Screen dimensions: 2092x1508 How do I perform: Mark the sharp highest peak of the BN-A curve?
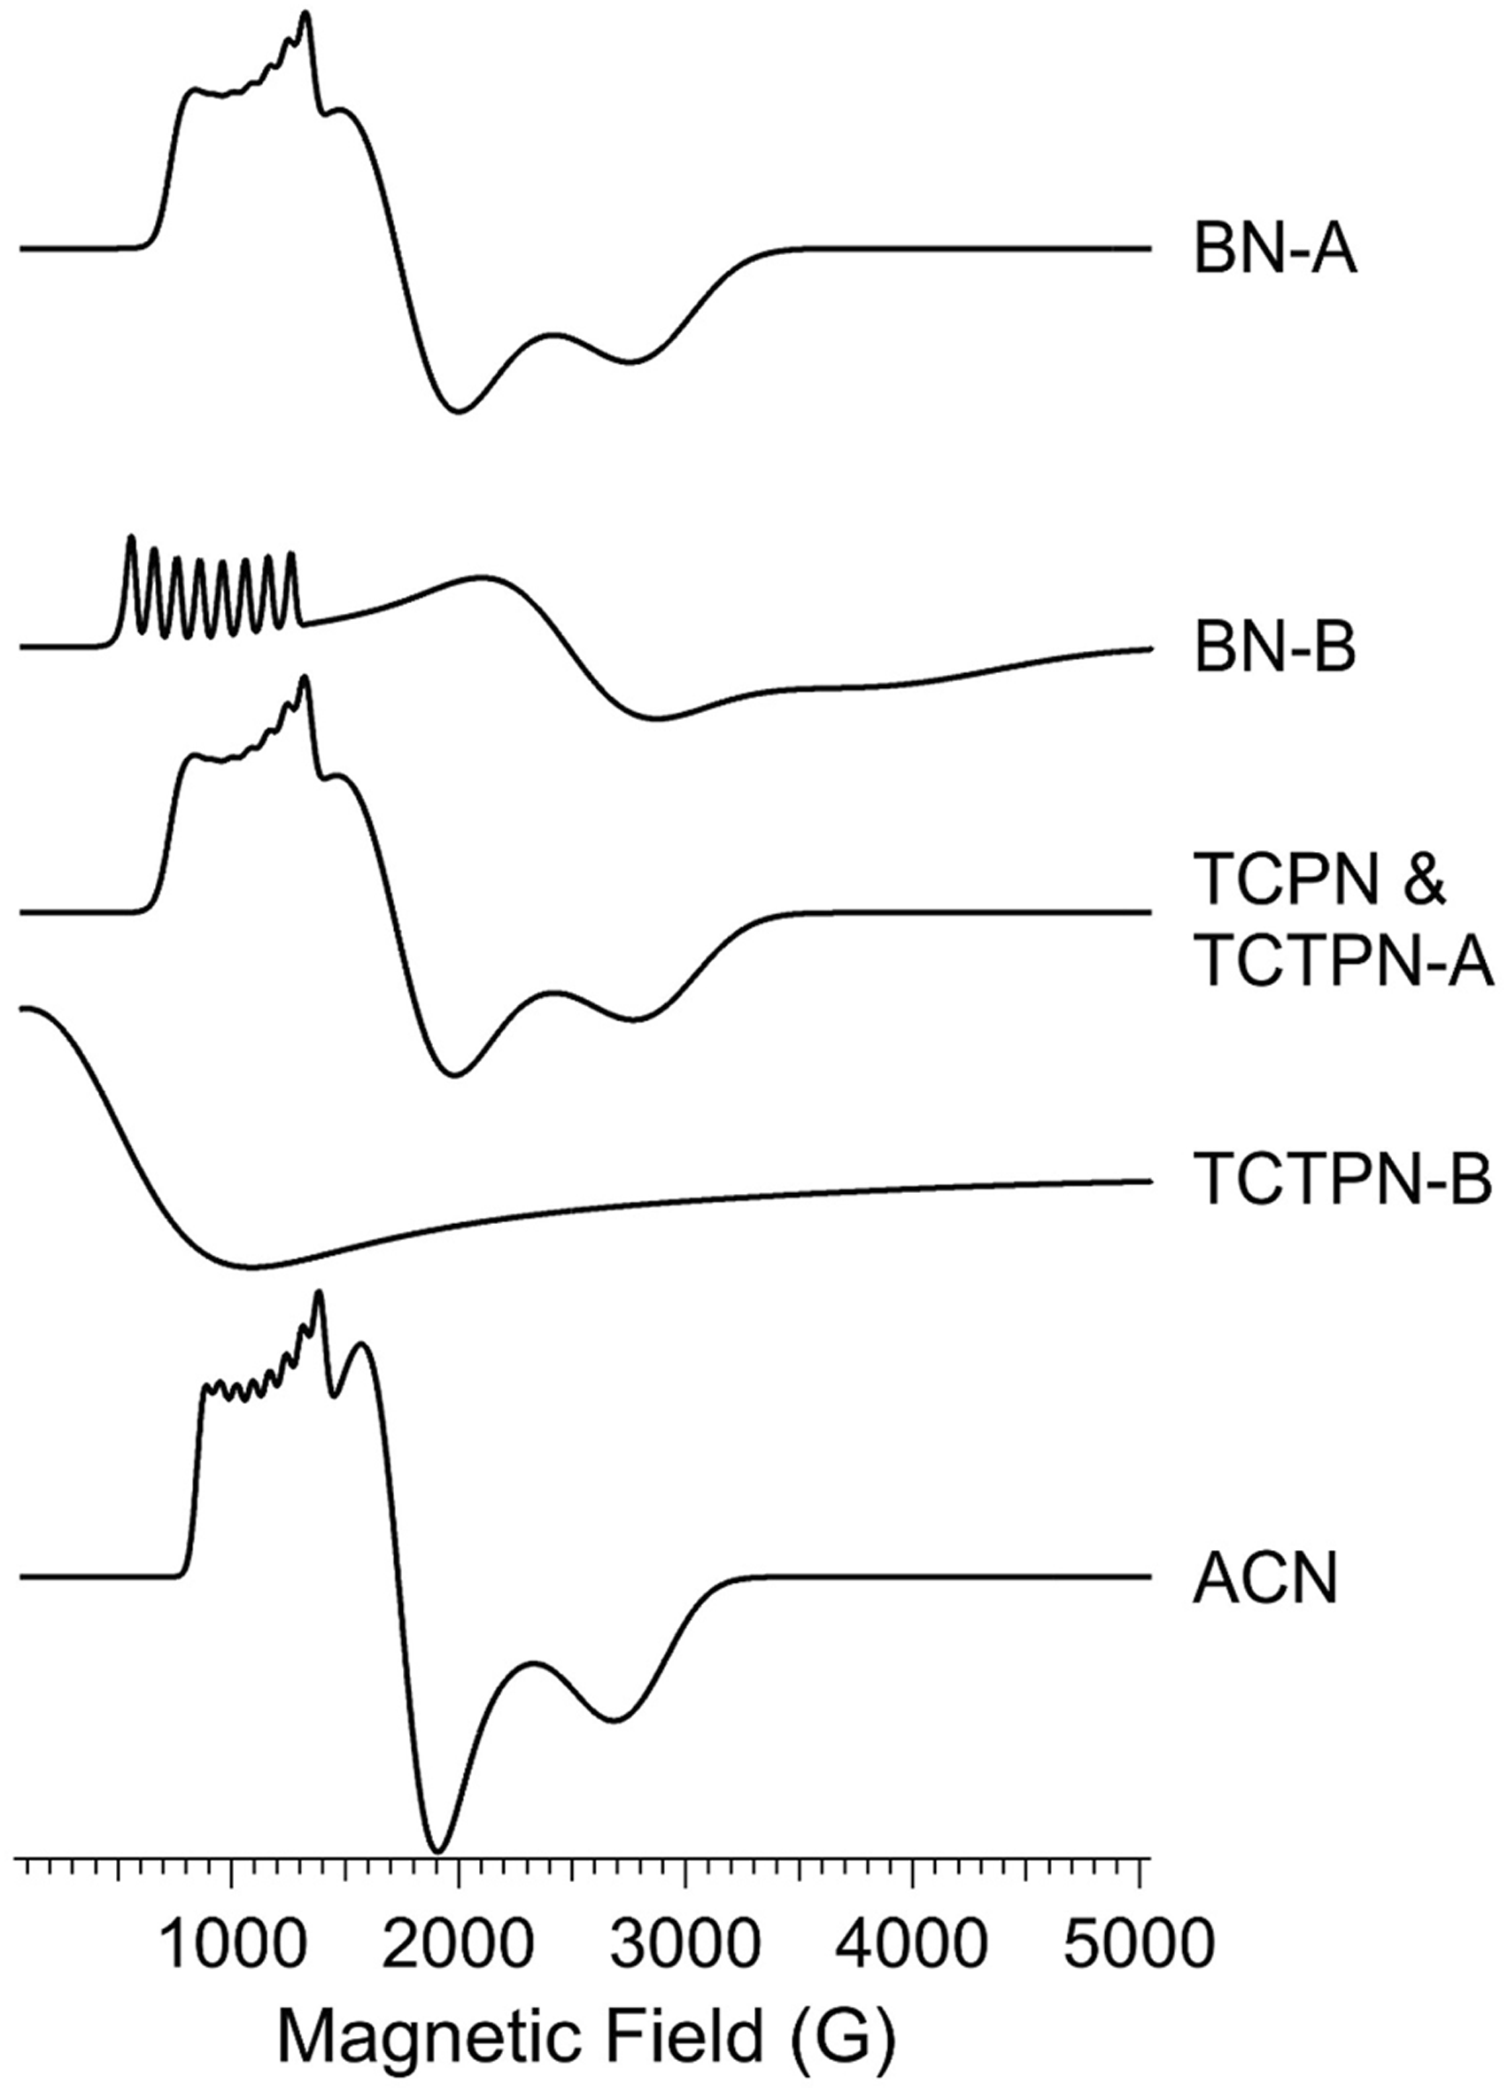[306, 13]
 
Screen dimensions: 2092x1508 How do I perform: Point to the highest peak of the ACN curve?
[319, 1294]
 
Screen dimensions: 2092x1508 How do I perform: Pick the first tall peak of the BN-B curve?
[131, 537]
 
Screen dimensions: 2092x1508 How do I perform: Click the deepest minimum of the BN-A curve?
[460, 410]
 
